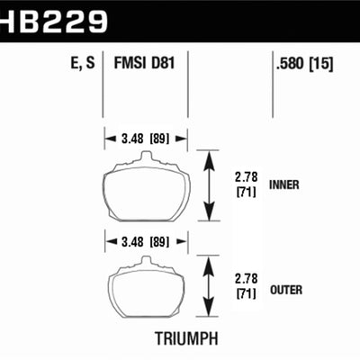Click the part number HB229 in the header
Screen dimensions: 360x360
55,19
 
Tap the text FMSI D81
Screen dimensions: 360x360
145,64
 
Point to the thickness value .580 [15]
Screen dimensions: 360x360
306,64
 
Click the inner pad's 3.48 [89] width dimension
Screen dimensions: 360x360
146,139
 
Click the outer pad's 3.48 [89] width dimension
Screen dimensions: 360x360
146,242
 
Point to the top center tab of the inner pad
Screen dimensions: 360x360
145,159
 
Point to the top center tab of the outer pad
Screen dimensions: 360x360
145,261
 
